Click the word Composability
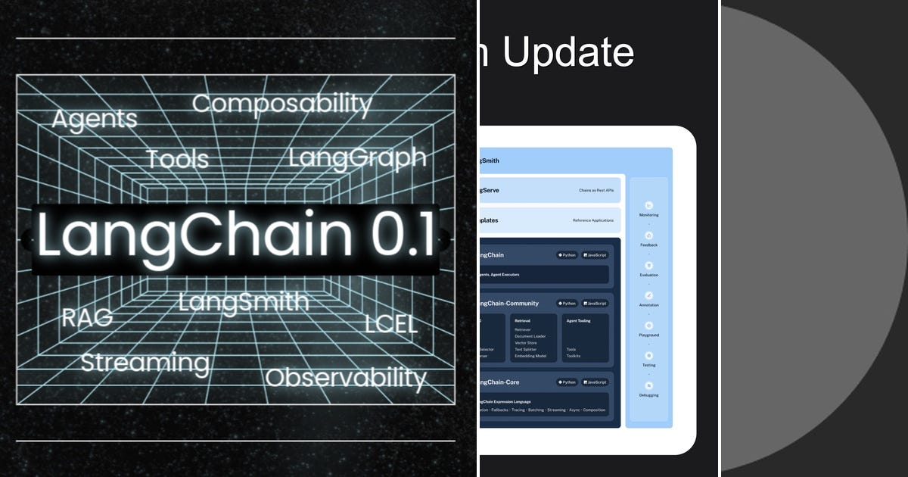click(281, 104)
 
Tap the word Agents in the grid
click(95, 119)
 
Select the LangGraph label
click(357, 157)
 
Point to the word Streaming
click(145, 363)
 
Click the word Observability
click(346, 377)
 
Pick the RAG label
click(87, 317)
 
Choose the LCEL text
click(390, 323)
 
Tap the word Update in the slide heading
click(568, 53)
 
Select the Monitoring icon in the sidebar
click(648, 205)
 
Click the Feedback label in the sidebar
click(648, 245)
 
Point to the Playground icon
click(648, 326)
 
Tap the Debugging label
click(648, 395)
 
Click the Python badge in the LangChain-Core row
click(567, 382)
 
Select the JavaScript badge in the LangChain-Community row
click(595, 304)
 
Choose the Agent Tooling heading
click(578, 320)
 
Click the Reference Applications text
click(593, 220)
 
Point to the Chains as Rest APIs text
click(596, 190)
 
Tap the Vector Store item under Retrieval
click(527, 343)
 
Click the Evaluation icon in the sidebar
click(648, 266)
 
